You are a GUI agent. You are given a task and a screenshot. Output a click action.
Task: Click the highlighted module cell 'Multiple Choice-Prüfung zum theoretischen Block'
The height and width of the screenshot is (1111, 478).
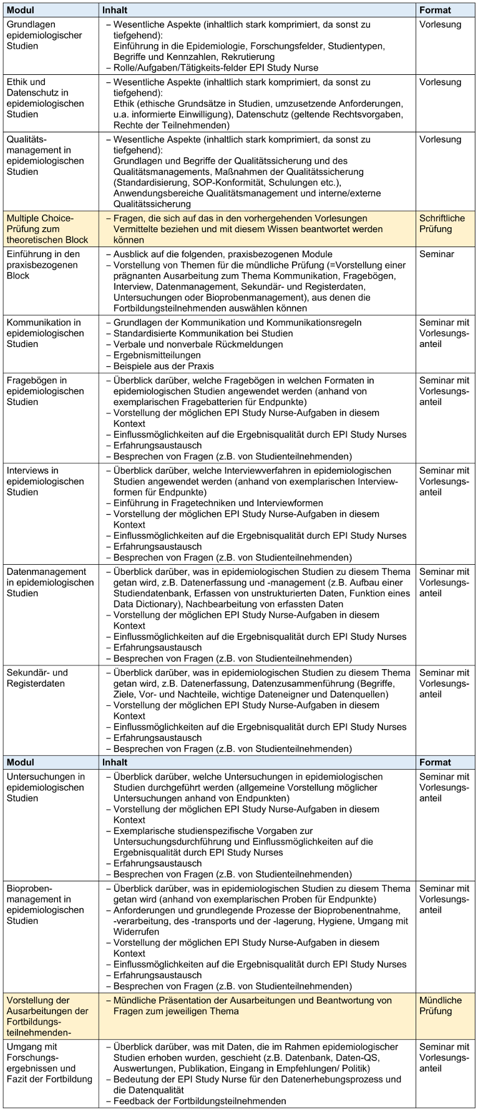click(x=47, y=229)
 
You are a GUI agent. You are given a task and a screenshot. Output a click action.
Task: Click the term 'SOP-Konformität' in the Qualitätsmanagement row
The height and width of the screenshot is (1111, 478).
click(x=238, y=182)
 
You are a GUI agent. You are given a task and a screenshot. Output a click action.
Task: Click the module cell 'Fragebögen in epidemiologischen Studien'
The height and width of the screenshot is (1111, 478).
click(x=45, y=391)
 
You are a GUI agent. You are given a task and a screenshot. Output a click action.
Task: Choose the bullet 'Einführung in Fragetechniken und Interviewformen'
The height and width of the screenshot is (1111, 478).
click(x=218, y=503)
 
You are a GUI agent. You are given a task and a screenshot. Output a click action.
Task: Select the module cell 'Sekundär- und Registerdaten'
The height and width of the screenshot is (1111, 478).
click(x=37, y=678)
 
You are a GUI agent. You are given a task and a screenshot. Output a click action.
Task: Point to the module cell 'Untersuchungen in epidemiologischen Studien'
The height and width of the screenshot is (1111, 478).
click(x=46, y=788)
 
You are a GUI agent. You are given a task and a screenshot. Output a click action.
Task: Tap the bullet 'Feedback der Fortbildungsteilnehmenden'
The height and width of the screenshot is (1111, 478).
click(x=199, y=1101)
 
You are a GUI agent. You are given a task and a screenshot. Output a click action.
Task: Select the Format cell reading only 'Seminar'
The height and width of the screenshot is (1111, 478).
click(x=436, y=255)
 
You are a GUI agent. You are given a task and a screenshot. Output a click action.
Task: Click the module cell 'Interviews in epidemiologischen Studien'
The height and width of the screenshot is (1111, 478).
click(x=45, y=481)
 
